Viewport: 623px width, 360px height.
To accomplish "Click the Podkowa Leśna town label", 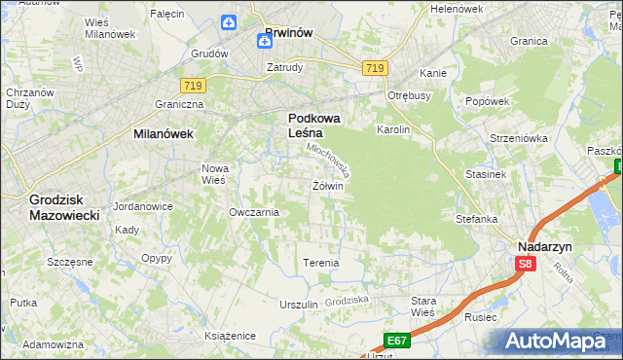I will [312, 126].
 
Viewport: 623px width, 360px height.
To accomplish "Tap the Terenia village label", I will [321, 263].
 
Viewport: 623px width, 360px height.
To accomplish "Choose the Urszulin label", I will [299, 305].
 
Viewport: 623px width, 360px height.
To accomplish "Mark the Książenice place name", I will [230, 335].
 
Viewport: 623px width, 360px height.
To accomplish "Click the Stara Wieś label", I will [423, 306].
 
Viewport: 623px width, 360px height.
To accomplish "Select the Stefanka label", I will [477, 219].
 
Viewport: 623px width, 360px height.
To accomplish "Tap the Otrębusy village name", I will [409, 95].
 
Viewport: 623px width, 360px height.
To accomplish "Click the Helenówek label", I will [457, 9].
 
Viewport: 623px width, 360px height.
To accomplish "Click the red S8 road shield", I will [526, 264].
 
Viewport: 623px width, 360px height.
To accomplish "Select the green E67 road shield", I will [396, 340].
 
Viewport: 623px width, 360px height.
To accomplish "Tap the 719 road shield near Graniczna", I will [192, 86].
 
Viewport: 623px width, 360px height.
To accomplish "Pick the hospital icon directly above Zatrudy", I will [266, 41].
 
